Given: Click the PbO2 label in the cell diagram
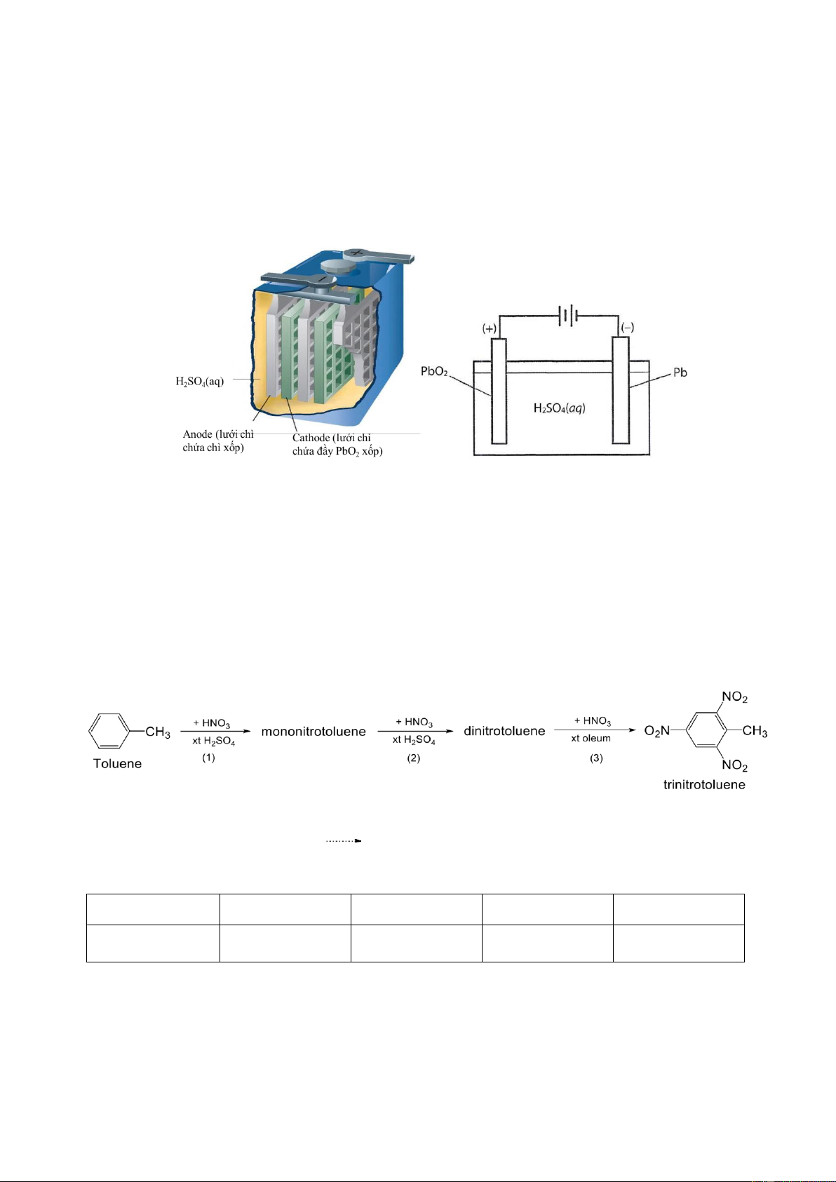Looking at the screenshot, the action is pyautogui.click(x=434, y=372).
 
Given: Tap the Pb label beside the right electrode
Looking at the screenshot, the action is pyautogui.click(x=680, y=372).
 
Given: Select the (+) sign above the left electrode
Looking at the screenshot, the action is pyautogui.click(x=490, y=328).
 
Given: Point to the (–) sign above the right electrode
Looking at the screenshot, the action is pyautogui.click(x=627, y=328).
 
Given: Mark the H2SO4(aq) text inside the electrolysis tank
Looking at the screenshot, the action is pyautogui.click(x=560, y=408).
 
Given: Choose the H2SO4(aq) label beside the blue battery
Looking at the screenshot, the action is pyautogui.click(x=199, y=381).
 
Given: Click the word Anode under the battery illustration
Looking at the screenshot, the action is pyautogui.click(x=197, y=434).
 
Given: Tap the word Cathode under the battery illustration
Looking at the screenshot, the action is pyautogui.click(x=311, y=438).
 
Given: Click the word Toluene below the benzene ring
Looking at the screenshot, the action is pyautogui.click(x=117, y=763).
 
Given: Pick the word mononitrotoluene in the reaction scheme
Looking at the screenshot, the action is pyautogui.click(x=313, y=732).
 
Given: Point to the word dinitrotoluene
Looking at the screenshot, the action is pyautogui.click(x=504, y=731).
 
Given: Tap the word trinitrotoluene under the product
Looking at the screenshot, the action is pyautogui.click(x=704, y=785).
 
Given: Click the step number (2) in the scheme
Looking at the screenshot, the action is pyautogui.click(x=413, y=758).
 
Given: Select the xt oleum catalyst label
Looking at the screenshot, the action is pyautogui.click(x=591, y=738).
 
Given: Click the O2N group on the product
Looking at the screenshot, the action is pyautogui.click(x=657, y=731).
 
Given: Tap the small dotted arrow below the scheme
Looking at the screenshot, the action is pyautogui.click(x=344, y=840).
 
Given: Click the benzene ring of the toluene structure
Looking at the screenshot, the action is pyautogui.click(x=109, y=731).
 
